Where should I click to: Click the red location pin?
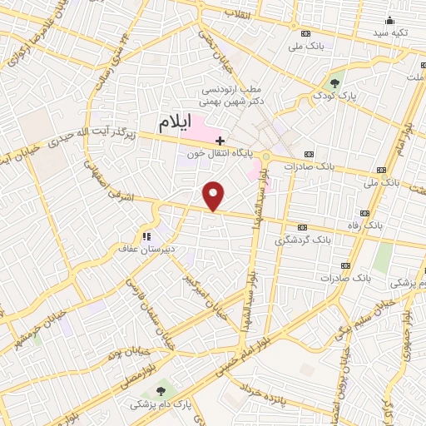(214, 196)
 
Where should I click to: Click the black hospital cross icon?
(220, 141)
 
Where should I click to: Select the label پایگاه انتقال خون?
(219, 154)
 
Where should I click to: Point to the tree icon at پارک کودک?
(334, 82)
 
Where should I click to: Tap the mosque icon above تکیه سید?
(389, 20)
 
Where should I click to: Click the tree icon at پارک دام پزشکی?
(161, 389)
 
